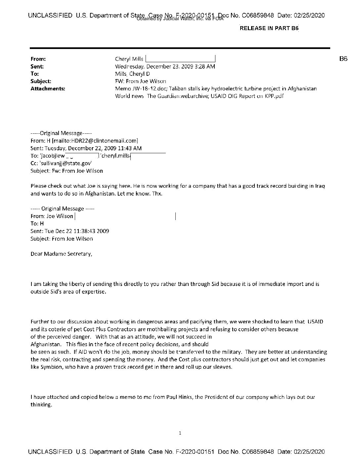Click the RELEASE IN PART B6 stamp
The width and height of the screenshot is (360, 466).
click(x=269, y=28)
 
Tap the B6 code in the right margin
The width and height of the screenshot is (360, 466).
click(x=343, y=59)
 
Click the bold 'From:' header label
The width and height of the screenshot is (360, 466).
click(x=38, y=59)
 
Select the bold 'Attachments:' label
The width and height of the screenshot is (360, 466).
click(x=48, y=89)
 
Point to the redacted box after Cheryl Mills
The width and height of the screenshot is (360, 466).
click(x=180, y=59)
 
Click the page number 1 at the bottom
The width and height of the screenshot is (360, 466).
click(x=180, y=433)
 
